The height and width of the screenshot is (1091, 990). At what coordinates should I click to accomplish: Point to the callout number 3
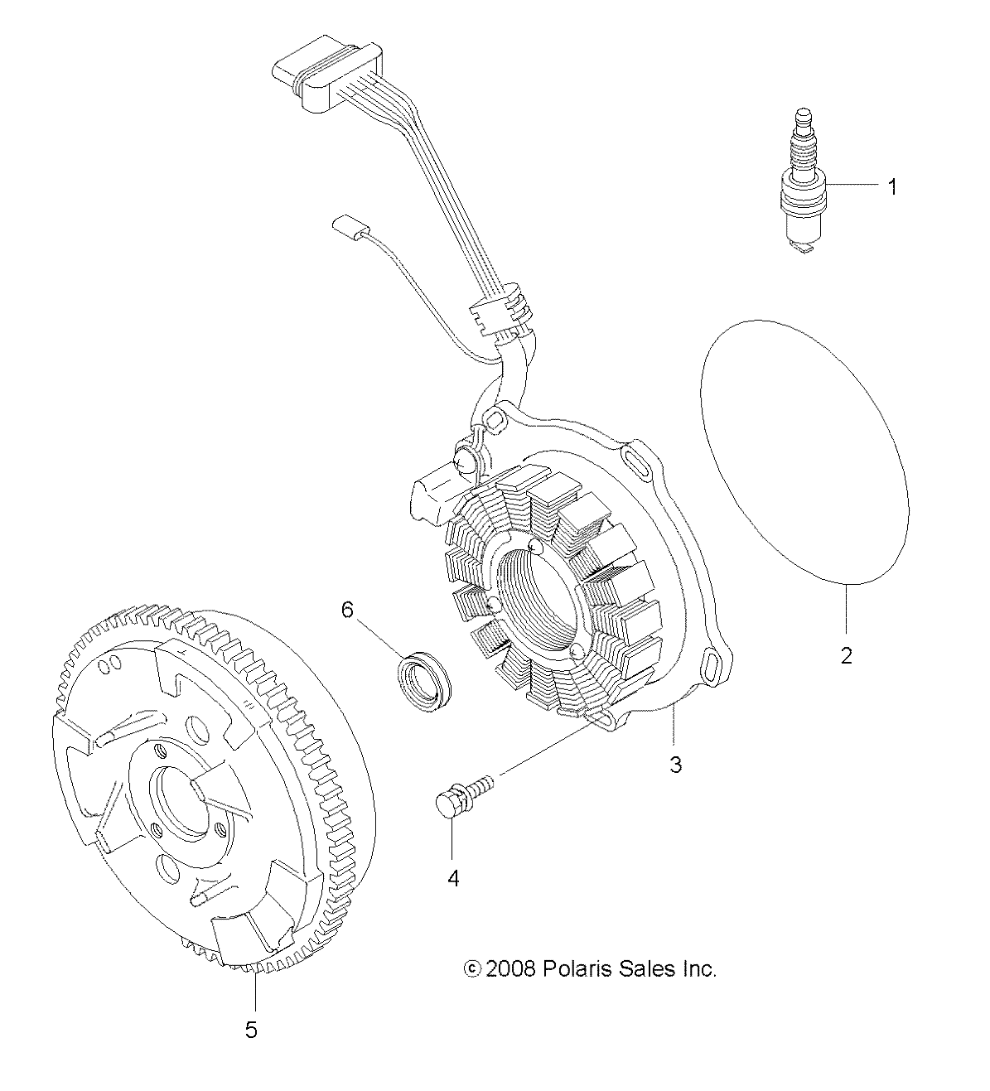click(675, 763)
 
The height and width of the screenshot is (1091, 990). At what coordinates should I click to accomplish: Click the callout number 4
click(452, 877)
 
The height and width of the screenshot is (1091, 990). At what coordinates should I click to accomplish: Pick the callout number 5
click(251, 1030)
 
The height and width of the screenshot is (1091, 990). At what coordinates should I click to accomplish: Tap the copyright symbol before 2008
click(473, 968)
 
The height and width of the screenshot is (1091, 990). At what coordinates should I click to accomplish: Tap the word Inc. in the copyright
click(698, 968)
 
